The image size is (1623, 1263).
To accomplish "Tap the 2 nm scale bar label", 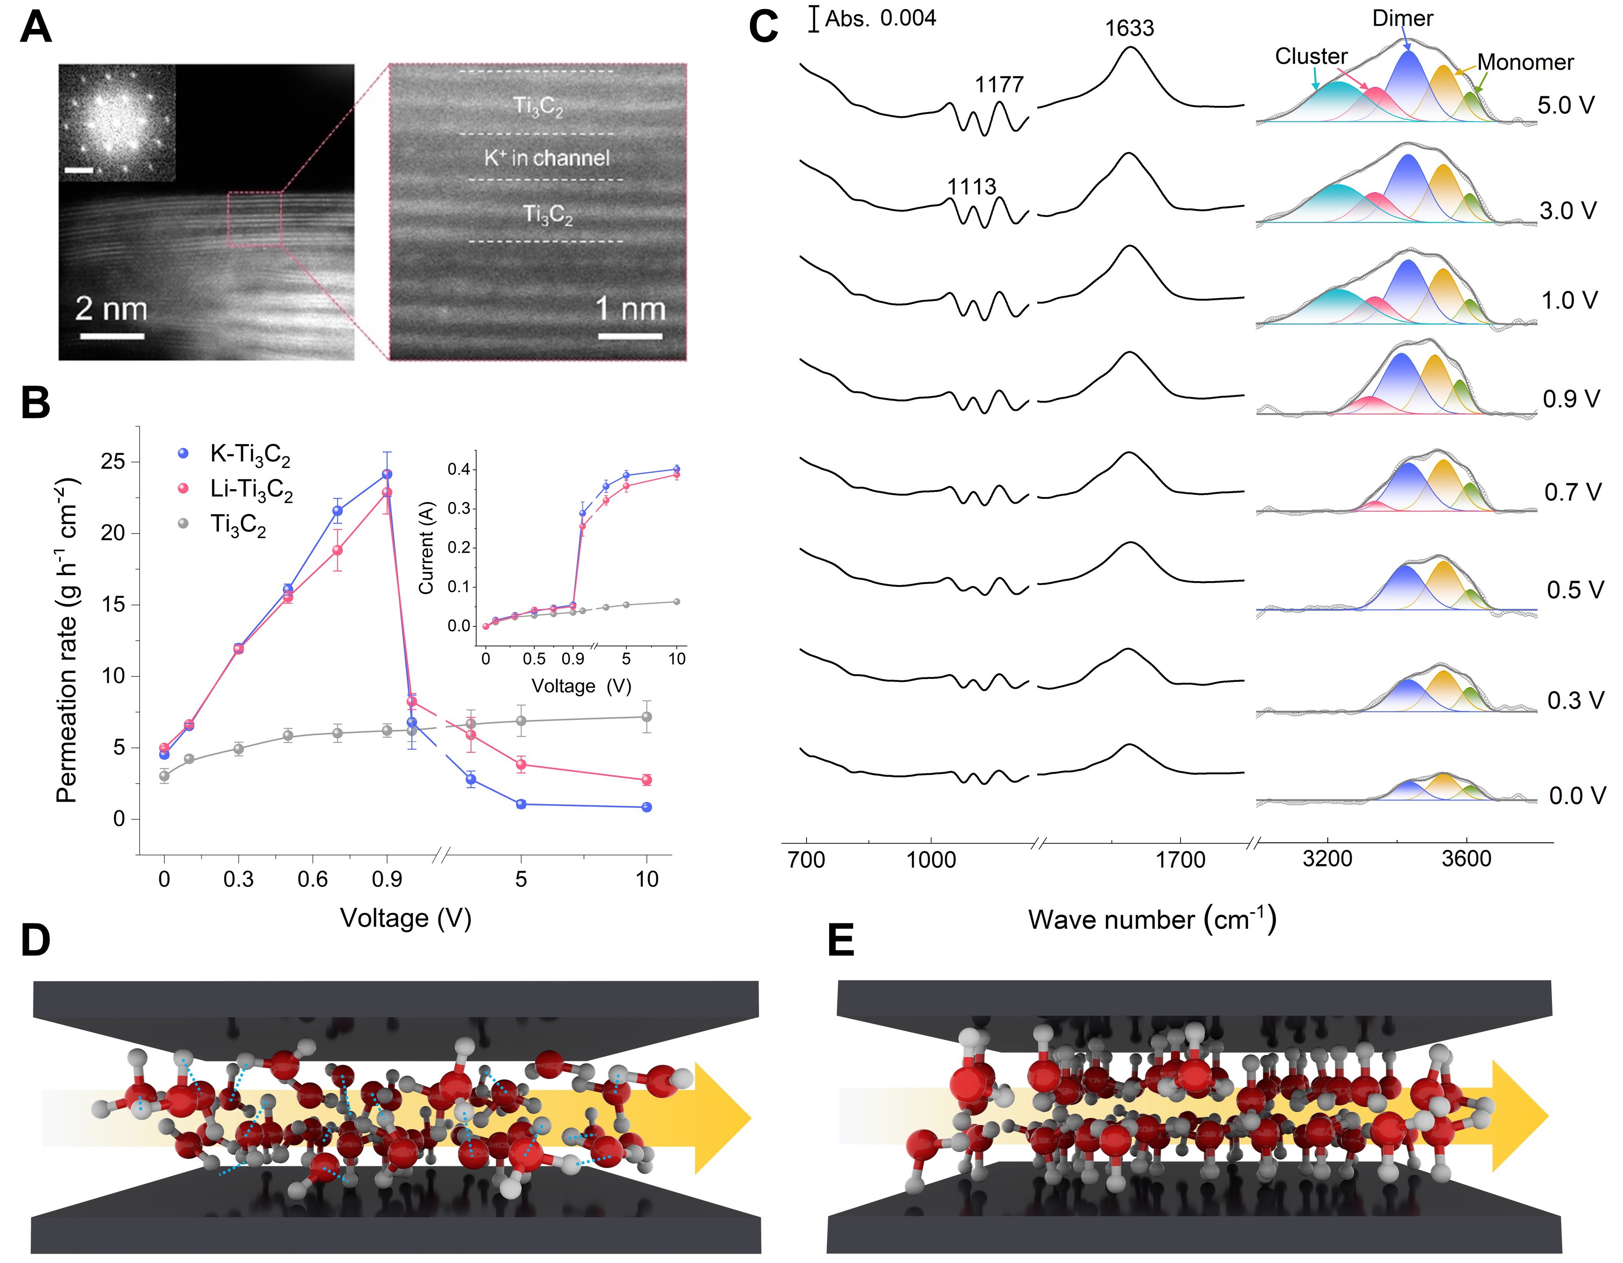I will coord(111,309).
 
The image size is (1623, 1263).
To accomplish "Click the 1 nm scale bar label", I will coord(630,309).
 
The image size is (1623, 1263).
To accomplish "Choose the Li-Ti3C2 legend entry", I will coord(251,490).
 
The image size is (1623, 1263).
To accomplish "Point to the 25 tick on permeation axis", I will coord(113,461).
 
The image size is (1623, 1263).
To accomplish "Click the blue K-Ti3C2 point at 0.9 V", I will coord(386,474).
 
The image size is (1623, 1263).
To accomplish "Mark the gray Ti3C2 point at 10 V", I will coord(646,717).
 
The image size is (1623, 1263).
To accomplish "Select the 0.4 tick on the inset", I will coord(459,469).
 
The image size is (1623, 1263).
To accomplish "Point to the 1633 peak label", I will coord(1129,28).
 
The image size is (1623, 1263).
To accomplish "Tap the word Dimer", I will coord(1402,19).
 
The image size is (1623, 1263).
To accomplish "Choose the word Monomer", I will coord(1525,62).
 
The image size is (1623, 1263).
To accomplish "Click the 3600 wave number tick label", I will coord(1466,859).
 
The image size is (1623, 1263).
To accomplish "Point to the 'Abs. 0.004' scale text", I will coord(881,19).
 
